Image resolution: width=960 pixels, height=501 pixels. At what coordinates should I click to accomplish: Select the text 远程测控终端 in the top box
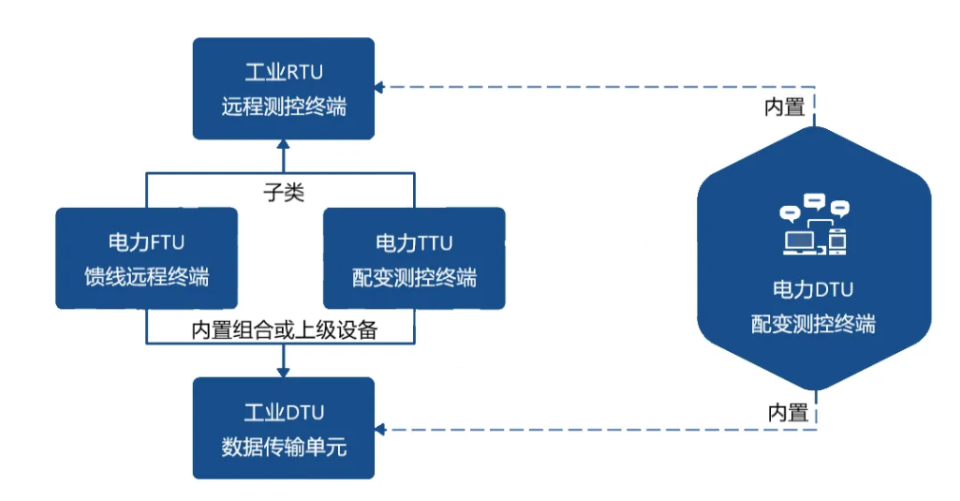click(283, 106)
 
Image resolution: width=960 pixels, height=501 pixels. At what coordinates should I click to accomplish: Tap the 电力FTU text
click(146, 243)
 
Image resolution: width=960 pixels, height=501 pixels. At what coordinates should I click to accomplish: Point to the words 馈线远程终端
click(146, 277)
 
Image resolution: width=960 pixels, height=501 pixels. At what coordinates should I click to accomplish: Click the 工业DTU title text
click(283, 412)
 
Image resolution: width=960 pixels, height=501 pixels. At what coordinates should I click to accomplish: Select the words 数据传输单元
click(283, 446)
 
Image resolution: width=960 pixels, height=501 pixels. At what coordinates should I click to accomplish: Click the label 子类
click(283, 191)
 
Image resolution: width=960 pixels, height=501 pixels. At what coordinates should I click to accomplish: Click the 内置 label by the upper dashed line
click(785, 106)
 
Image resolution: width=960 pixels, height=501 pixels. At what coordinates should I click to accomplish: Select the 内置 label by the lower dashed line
click(787, 412)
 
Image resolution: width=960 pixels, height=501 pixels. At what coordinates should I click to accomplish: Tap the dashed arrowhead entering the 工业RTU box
click(379, 87)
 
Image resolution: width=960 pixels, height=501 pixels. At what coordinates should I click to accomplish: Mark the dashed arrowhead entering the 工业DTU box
click(379, 430)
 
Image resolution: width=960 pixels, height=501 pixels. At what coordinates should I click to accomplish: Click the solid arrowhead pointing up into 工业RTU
click(283, 145)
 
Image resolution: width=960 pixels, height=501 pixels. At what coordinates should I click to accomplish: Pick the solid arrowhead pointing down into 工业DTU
click(283, 371)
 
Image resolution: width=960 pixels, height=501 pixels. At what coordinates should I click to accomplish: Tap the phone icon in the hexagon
click(837, 242)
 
